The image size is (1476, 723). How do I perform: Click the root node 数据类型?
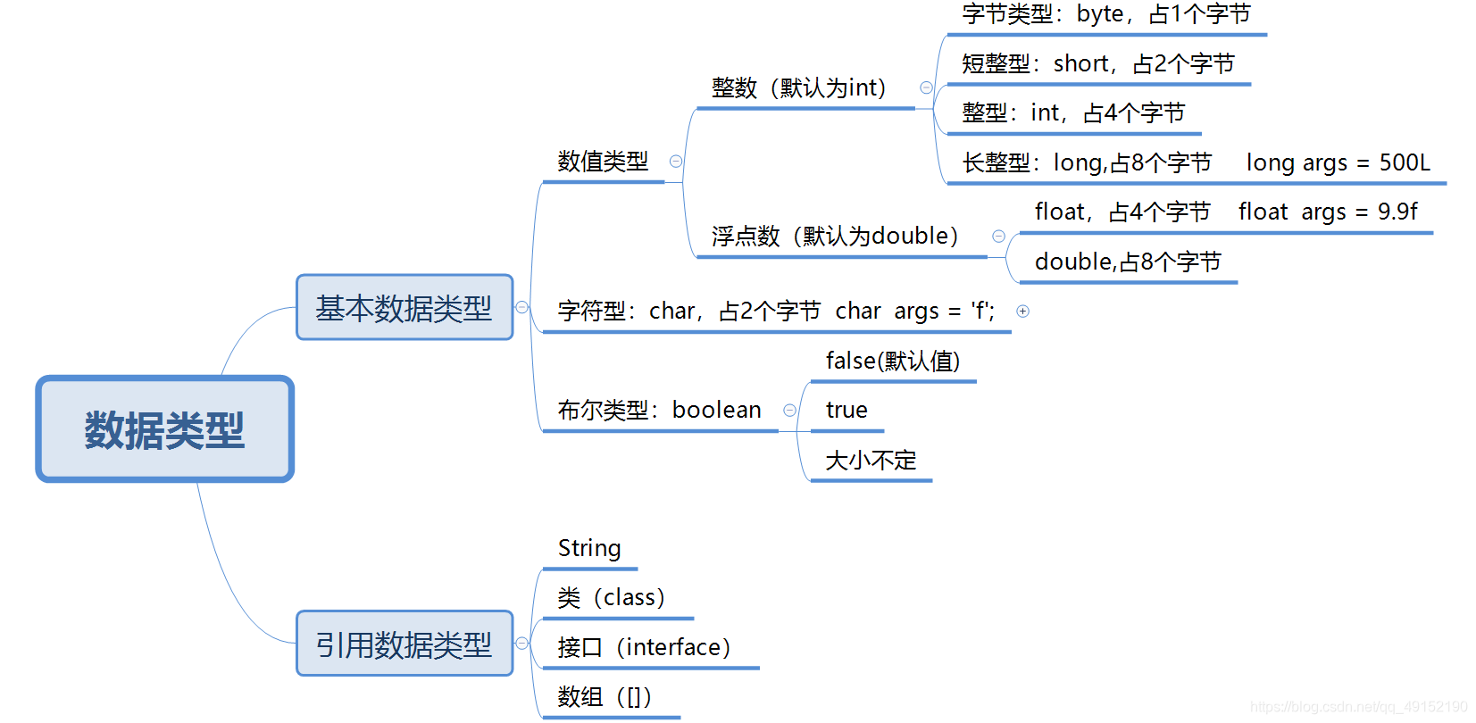pyautogui.click(x=164, y=429)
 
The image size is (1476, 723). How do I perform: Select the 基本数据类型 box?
pyautogui.click(x=404, y=308)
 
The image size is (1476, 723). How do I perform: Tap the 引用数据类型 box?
pyautogui.click(x=404, y=644)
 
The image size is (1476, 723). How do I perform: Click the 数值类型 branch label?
pyautogui.click(x=603, y=162)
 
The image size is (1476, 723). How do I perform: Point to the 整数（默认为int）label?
pyautogui.click(x=799, y=87)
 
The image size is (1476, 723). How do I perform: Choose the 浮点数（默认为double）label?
pyautogui.click(x=835, y=236)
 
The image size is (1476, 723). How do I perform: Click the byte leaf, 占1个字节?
pyautogui.click(x=1106, y=14)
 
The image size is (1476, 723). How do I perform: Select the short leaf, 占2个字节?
pyautogui.click(x=1097, y=63)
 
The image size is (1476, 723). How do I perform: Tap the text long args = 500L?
pyautogui.click(x=1338, y=162)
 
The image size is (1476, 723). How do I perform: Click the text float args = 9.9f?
pyautogui.click(x=1327, y=212)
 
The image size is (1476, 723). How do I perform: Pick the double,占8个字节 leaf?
pyautogui.click(x=1127, y=262)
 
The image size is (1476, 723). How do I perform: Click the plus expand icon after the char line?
pyautogui.click(x=1023, y=311)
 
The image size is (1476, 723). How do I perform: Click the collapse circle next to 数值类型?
pyautogui.click(x=676, y=162)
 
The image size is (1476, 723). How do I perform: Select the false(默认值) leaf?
pyautogui.click(x=893, y=361)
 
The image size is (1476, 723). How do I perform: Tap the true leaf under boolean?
pyautogui.click(x=846, y=410)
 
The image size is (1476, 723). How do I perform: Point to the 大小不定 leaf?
pyautogui.click(x=871, y=460)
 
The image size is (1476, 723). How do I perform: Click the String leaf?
pyautogui.click(x=589, y=548)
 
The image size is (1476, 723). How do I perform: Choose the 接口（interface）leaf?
pyautogui.click(x=644, y=647)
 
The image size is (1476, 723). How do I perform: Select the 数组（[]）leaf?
pyautogui.click(x=605, y=696)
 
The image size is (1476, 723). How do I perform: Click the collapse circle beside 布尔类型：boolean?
pyautogui.click(x=789, y=411)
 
